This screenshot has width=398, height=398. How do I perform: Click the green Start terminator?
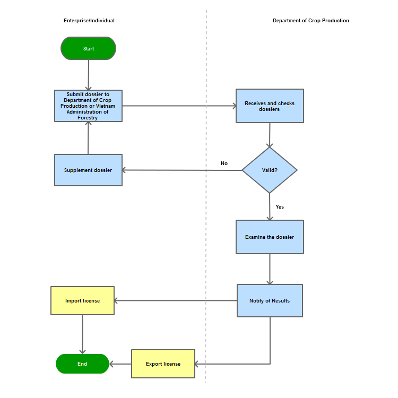88,48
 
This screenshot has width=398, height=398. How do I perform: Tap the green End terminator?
82,364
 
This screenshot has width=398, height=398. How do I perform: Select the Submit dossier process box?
88,106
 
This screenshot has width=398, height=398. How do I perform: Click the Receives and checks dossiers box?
270,106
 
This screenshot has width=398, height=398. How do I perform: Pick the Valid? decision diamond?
270,170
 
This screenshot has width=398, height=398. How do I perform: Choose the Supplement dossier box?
88,170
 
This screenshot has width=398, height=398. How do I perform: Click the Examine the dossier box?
270,237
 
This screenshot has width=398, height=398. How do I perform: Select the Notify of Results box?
270,300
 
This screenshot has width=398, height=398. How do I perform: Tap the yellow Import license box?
82,301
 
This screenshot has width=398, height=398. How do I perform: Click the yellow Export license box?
163,364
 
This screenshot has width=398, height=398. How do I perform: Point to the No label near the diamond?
224,163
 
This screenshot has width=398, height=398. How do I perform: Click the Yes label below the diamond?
280,207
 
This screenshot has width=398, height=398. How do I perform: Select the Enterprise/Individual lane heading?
89,21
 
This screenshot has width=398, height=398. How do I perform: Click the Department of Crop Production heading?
311,21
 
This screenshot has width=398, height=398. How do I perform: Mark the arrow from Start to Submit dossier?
89,75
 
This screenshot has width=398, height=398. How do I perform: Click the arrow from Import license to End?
82,334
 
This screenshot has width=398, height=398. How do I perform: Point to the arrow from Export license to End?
120,364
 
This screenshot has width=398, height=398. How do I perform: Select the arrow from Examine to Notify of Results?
270,269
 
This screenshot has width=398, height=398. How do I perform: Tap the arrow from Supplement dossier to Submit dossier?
88,138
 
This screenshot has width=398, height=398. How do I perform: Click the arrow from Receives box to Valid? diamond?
270,135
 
